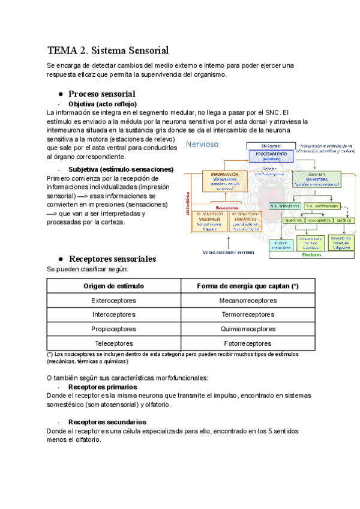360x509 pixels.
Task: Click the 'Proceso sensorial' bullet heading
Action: point(101,94)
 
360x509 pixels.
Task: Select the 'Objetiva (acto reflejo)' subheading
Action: point(103,104)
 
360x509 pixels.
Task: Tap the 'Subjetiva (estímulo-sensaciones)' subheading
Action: point(121,169)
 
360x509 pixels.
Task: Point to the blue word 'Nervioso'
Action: point(202,144)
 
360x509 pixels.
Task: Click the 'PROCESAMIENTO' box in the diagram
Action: point(273,155)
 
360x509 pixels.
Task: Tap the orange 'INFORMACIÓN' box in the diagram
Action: point(224,179)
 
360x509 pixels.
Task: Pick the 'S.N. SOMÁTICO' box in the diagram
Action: point(286,206)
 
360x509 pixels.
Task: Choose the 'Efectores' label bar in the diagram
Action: point(311,254)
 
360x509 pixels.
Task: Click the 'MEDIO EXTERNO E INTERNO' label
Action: point(228,253)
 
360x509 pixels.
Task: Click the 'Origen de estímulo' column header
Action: point(113,286)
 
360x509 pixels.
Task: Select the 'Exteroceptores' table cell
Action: point(113,301)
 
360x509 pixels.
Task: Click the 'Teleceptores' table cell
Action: point(113,343)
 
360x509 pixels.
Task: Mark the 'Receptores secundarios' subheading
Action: point(107,422)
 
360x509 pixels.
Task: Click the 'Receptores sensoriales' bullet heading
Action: point(112,259)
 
